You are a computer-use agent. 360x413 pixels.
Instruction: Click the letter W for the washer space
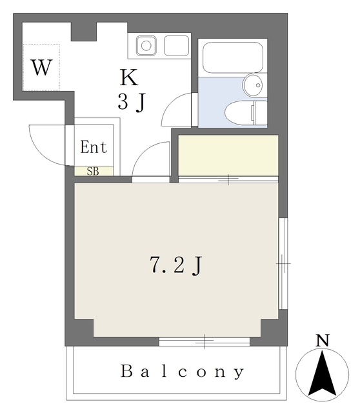pos(41,67)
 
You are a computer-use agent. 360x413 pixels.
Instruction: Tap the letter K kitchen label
pos(129,78)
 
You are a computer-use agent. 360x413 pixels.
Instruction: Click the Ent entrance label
pos(94,147)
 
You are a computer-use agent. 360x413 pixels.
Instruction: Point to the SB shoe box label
pos(93,171)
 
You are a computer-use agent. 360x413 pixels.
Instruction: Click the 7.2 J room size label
pos(176,265)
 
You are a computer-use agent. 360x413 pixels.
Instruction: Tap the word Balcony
pos(183,372)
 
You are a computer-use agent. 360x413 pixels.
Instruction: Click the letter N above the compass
pos(322,340)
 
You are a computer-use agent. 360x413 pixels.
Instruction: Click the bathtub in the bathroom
pos(232,59)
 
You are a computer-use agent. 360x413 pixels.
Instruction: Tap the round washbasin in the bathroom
pos(252,84)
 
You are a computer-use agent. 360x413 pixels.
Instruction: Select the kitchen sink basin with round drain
pos(146,46)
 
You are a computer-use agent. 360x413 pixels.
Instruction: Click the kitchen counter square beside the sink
pos(176,46)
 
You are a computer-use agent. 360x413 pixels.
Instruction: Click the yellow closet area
pos(228,154)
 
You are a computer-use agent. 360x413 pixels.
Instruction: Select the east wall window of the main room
pos(283,263)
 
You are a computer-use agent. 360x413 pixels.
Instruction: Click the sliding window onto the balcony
pos(204,341)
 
